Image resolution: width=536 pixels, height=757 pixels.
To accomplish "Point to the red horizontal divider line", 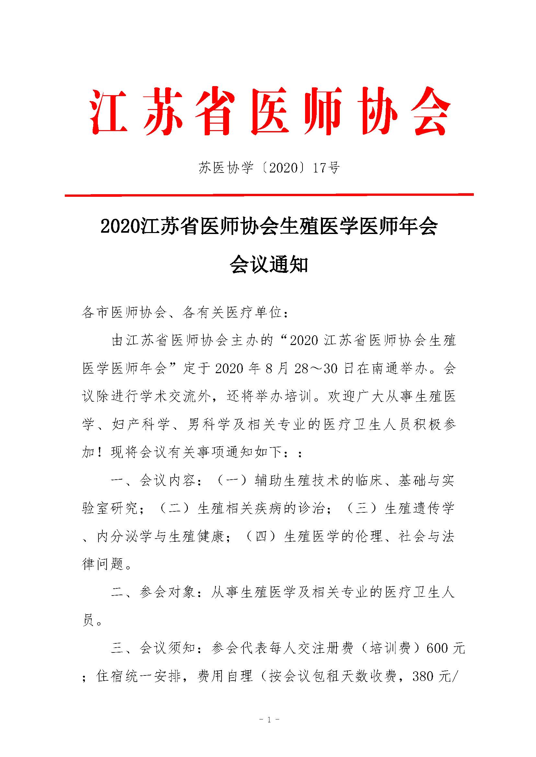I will (x=269, y=195).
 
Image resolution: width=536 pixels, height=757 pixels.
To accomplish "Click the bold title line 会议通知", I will (x=269, y=265).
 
